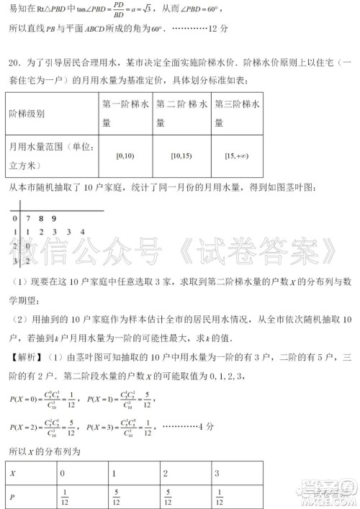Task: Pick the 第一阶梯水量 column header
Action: pos(126,112)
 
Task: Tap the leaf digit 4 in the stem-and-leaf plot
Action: pos(83,231)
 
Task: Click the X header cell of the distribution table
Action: pos(12,474)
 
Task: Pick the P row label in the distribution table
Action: pos(12,496)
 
